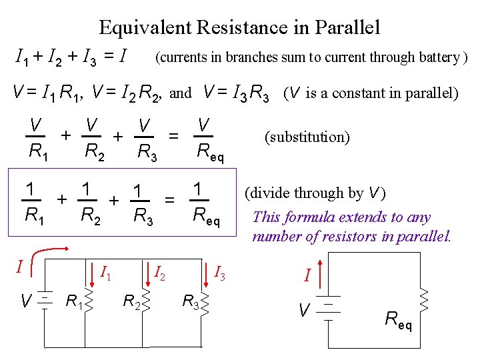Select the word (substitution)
click(307, 137)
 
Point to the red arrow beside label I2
click(145, 265)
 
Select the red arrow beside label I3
click(203, 265)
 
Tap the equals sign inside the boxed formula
click(170, 199)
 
